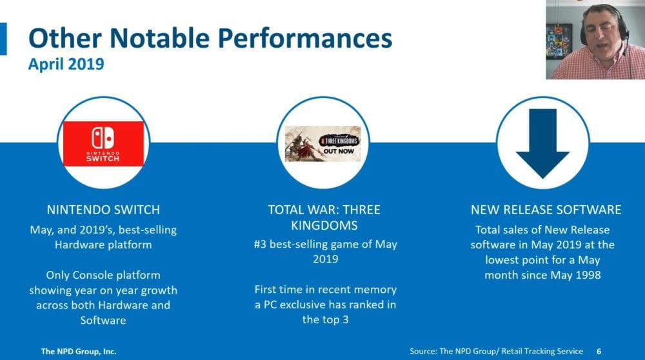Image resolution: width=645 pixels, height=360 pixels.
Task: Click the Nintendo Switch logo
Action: (x=103, y=144)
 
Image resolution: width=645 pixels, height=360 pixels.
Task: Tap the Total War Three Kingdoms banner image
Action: (x=323, y=144)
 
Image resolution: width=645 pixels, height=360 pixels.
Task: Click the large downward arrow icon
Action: (x=542, y=144)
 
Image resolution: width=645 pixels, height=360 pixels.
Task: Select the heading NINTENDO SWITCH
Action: (x=103, y=210)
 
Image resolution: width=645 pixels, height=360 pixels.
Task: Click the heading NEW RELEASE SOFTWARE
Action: (x=546, y=210)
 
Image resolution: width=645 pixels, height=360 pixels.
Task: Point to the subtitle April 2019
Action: (x=66, y=64)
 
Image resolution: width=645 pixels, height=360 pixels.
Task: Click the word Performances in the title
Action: (x=305, y=38)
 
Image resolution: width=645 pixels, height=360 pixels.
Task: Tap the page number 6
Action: (x=599, y=352)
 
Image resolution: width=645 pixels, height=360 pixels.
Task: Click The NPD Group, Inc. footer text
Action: (x=79, y=352)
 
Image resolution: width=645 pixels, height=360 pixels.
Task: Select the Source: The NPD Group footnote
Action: (x=496, y=352)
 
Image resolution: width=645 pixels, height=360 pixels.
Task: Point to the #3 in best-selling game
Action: (x=260, y=245)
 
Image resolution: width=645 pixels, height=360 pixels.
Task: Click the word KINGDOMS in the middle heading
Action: (x=324, y=225)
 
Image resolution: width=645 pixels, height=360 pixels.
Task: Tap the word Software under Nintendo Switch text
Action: (x=103, y=320)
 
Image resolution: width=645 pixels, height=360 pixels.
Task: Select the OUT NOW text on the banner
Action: (x=339, y=152)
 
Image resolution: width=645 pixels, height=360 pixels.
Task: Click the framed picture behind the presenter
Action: (x=559, y=42)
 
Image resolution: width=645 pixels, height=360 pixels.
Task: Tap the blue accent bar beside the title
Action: (x=3, y=39)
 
